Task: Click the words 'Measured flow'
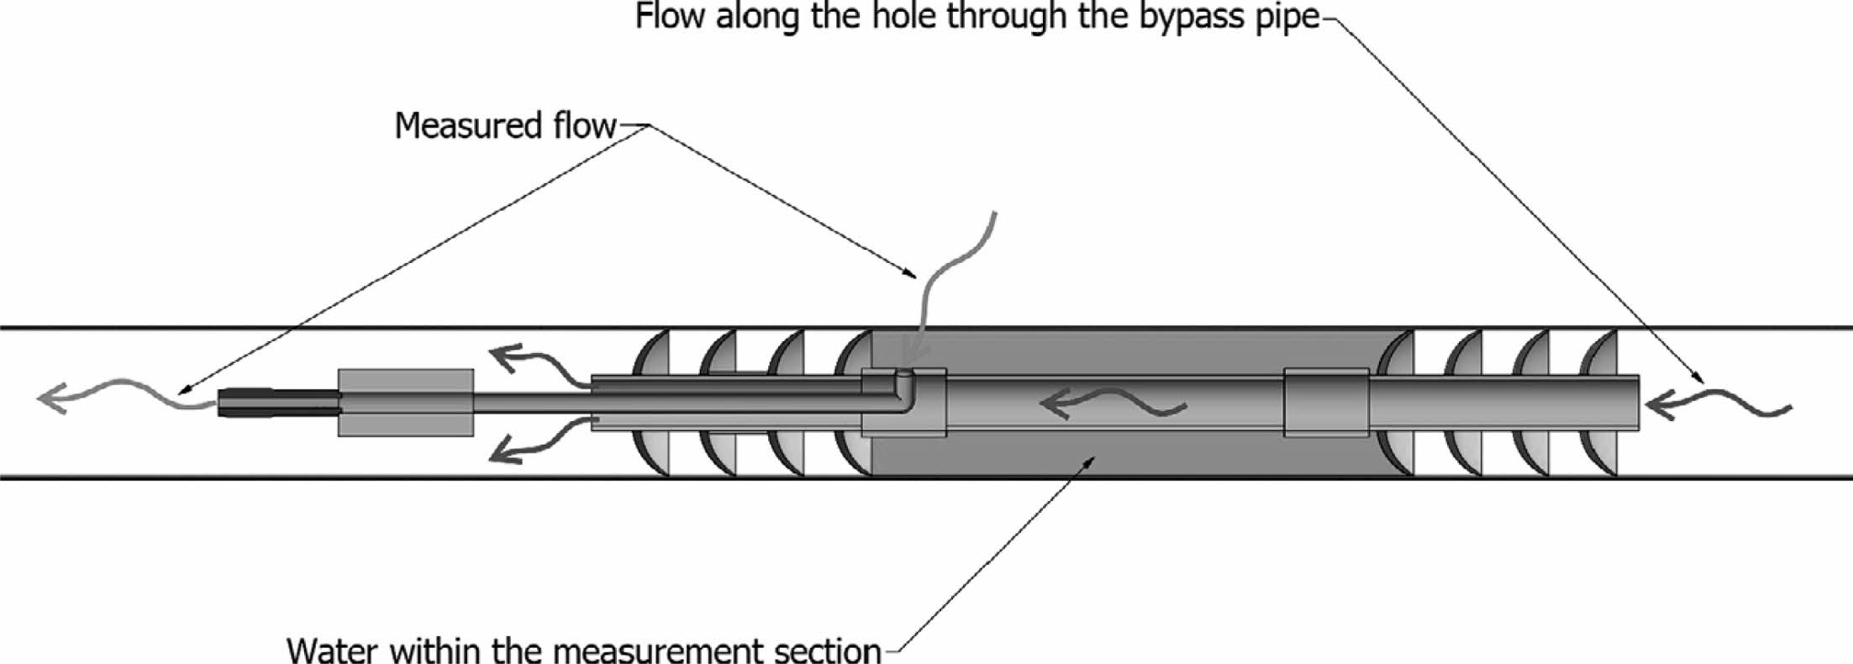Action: coord(505,126)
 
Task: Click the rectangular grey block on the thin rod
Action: coord(406,403)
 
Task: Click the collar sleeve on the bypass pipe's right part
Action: coord(1326,403)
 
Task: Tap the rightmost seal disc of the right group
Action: coord(1601,403)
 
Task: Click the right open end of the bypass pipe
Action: coord(1635,403)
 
